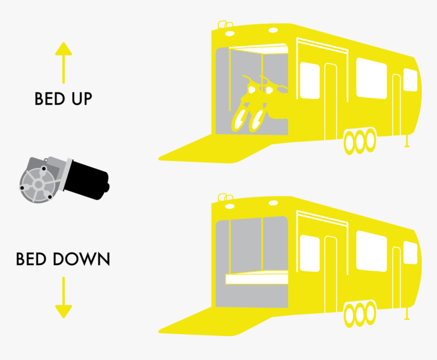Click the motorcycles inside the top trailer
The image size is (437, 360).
[257, 104]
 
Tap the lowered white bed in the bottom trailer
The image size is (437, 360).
[256, 278]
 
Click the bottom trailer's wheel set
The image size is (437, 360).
[359, 314]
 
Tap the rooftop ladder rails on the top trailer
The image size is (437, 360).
[222, 24]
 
